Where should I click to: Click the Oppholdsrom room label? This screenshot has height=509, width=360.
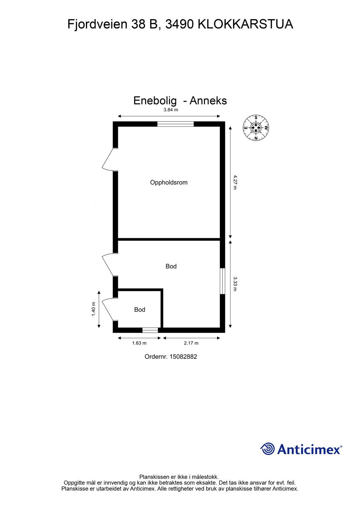[x=169, y=183]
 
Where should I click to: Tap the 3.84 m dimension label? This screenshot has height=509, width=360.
[x=171, y=110]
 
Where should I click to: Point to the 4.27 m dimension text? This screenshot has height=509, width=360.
[x=235, y=182]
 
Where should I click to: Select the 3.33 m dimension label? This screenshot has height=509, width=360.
[x=235, y=284]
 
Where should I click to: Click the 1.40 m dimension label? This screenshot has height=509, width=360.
[x=93, y=309]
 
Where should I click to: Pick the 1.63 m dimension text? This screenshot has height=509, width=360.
[x=139, y=343]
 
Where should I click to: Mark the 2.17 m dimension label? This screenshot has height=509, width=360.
[x=191, y=343]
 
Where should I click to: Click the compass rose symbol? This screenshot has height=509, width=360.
[x=256, y=128]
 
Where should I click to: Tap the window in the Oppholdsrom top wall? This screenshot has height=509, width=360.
[x=176, y=124]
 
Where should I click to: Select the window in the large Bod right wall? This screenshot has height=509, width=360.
[x=222, y=281]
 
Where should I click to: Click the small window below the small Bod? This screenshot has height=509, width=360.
[x=150, y=330]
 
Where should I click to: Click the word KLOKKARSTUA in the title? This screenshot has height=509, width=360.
[x=245, y=24]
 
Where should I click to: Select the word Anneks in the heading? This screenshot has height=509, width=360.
[x=208, y=101]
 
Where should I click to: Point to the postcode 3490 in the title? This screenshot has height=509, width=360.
[x=179, y=24]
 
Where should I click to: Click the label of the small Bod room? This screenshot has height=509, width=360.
[x=140, y=310]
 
